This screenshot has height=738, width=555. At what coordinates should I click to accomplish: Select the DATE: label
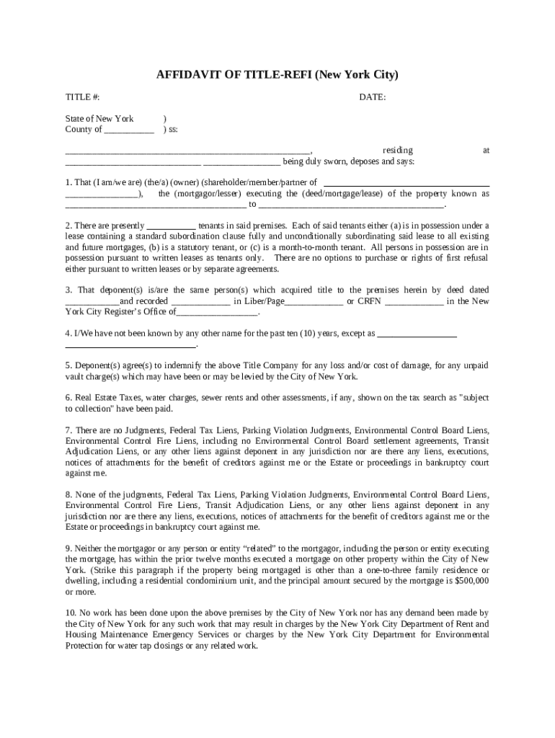click(372, 97)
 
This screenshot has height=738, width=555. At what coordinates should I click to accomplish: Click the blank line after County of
click(129, 130)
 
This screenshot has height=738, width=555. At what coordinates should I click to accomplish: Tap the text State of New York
click(99, 119)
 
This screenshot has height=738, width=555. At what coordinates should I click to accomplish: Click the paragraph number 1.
click(68, 183)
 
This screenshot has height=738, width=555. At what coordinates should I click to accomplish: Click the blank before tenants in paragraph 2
click(172, 226)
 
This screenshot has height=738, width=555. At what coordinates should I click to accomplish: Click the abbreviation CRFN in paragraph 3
click(369, 301)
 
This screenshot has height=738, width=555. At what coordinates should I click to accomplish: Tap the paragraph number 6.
click(68, 398)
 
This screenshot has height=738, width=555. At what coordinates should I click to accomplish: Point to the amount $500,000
click(469, 581)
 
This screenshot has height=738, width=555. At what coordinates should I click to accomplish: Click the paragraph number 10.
click(70, 613)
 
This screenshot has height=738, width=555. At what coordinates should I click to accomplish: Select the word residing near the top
click(397, 151)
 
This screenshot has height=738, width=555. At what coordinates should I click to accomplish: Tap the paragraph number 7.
click(68, 430)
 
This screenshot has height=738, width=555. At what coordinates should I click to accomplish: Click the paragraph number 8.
click(68, 495)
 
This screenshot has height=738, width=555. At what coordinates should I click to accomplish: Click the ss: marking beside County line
click(172, 130)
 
